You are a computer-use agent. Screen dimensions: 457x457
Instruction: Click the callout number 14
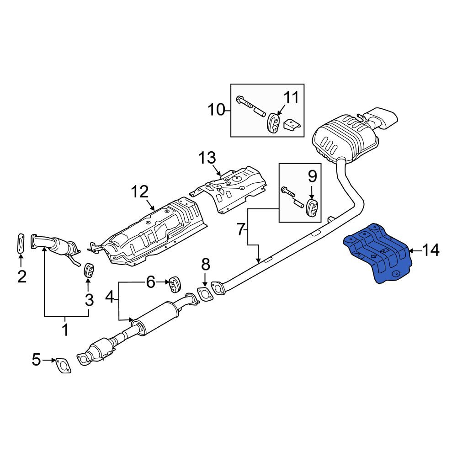[x=430, y=250]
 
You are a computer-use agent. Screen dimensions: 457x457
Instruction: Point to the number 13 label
[x=207, y=158]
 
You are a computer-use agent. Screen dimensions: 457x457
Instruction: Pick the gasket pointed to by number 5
[x=63, y=365]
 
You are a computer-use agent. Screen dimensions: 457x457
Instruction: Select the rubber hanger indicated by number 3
[x=88, y=270]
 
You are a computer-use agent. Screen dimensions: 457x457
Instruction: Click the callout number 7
[x=240, y=229]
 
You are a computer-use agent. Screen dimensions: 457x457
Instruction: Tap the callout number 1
[x=65, y=329]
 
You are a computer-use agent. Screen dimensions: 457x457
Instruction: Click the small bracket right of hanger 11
[x=292, y=125]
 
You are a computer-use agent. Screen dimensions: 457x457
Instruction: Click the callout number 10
[x=217, y=110]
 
